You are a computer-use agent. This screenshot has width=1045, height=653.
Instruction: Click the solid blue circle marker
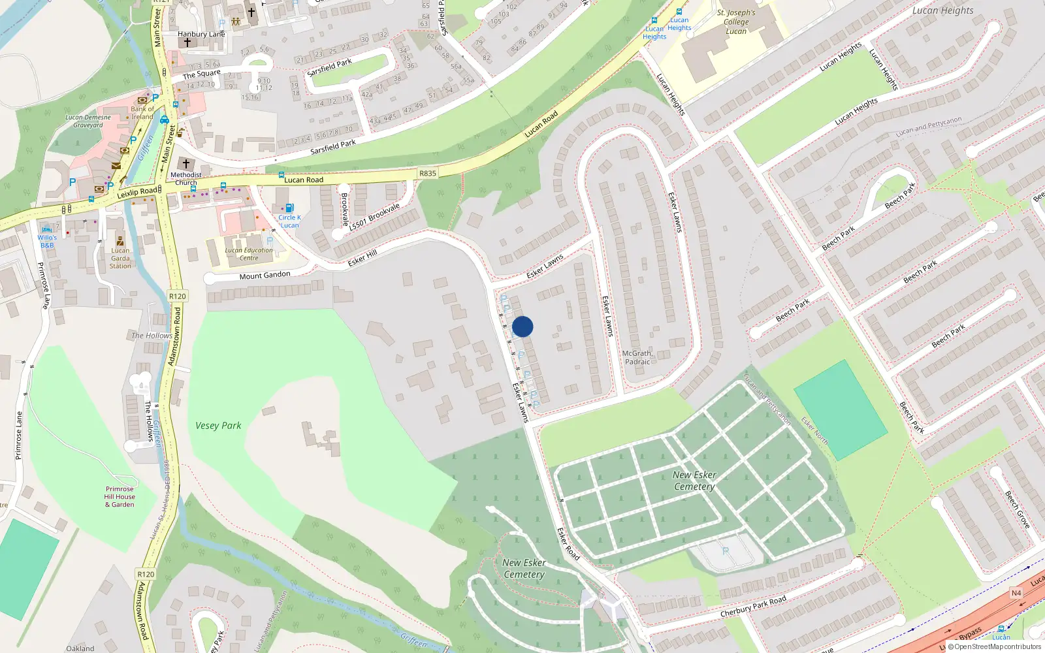coord(522,326)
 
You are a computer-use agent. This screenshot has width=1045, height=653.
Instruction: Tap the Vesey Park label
coord(218,426)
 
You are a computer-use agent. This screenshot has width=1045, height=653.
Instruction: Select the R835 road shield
coord(427,173)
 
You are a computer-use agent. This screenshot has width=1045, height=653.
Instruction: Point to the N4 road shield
coord(1016,593)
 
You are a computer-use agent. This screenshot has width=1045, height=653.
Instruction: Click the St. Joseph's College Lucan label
coord(736,22)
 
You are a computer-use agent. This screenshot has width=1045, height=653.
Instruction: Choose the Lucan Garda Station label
coord(120,258)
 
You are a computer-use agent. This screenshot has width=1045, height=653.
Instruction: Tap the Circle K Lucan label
coord(289,221)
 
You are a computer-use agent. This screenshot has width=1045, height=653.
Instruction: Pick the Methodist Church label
coord(186,178)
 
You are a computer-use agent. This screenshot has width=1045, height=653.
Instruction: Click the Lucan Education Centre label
coord(249,254)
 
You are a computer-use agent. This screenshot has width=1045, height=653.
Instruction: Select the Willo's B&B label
coord(47,241)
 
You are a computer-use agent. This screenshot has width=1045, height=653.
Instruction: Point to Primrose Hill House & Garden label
coord(120,496)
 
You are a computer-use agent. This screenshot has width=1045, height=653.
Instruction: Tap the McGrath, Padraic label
coord(637,357)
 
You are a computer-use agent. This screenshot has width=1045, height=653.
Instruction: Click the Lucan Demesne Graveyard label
coord(88,121)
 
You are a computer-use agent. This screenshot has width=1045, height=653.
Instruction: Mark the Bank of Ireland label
coord(142,113)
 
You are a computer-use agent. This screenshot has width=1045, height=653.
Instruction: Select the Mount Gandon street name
coord(265,276)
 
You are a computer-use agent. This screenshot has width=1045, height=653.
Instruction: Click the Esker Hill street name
coord(362,258)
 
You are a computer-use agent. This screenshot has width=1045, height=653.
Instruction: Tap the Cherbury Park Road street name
coord(753,607)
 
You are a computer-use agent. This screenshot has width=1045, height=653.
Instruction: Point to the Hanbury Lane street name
coord(201,34)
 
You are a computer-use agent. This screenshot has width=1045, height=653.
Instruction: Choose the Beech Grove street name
coord(1017,509)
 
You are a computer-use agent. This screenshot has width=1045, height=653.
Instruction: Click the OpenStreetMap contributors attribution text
coord(997,647)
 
